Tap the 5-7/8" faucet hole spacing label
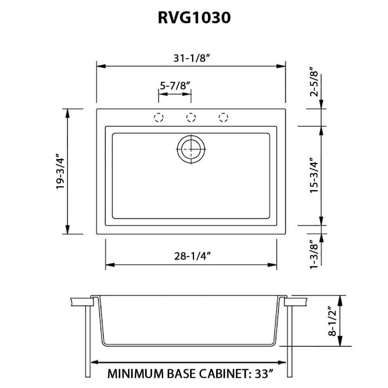tap(175, 86)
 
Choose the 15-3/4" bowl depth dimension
tap(314, 175)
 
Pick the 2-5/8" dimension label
tap(314, 82)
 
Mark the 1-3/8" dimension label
tap(314, 254)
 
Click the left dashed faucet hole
tap(158, 118)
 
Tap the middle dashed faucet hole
tap(191, 118)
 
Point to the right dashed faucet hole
tap(223, 118)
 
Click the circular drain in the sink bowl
tap(191, 149)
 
